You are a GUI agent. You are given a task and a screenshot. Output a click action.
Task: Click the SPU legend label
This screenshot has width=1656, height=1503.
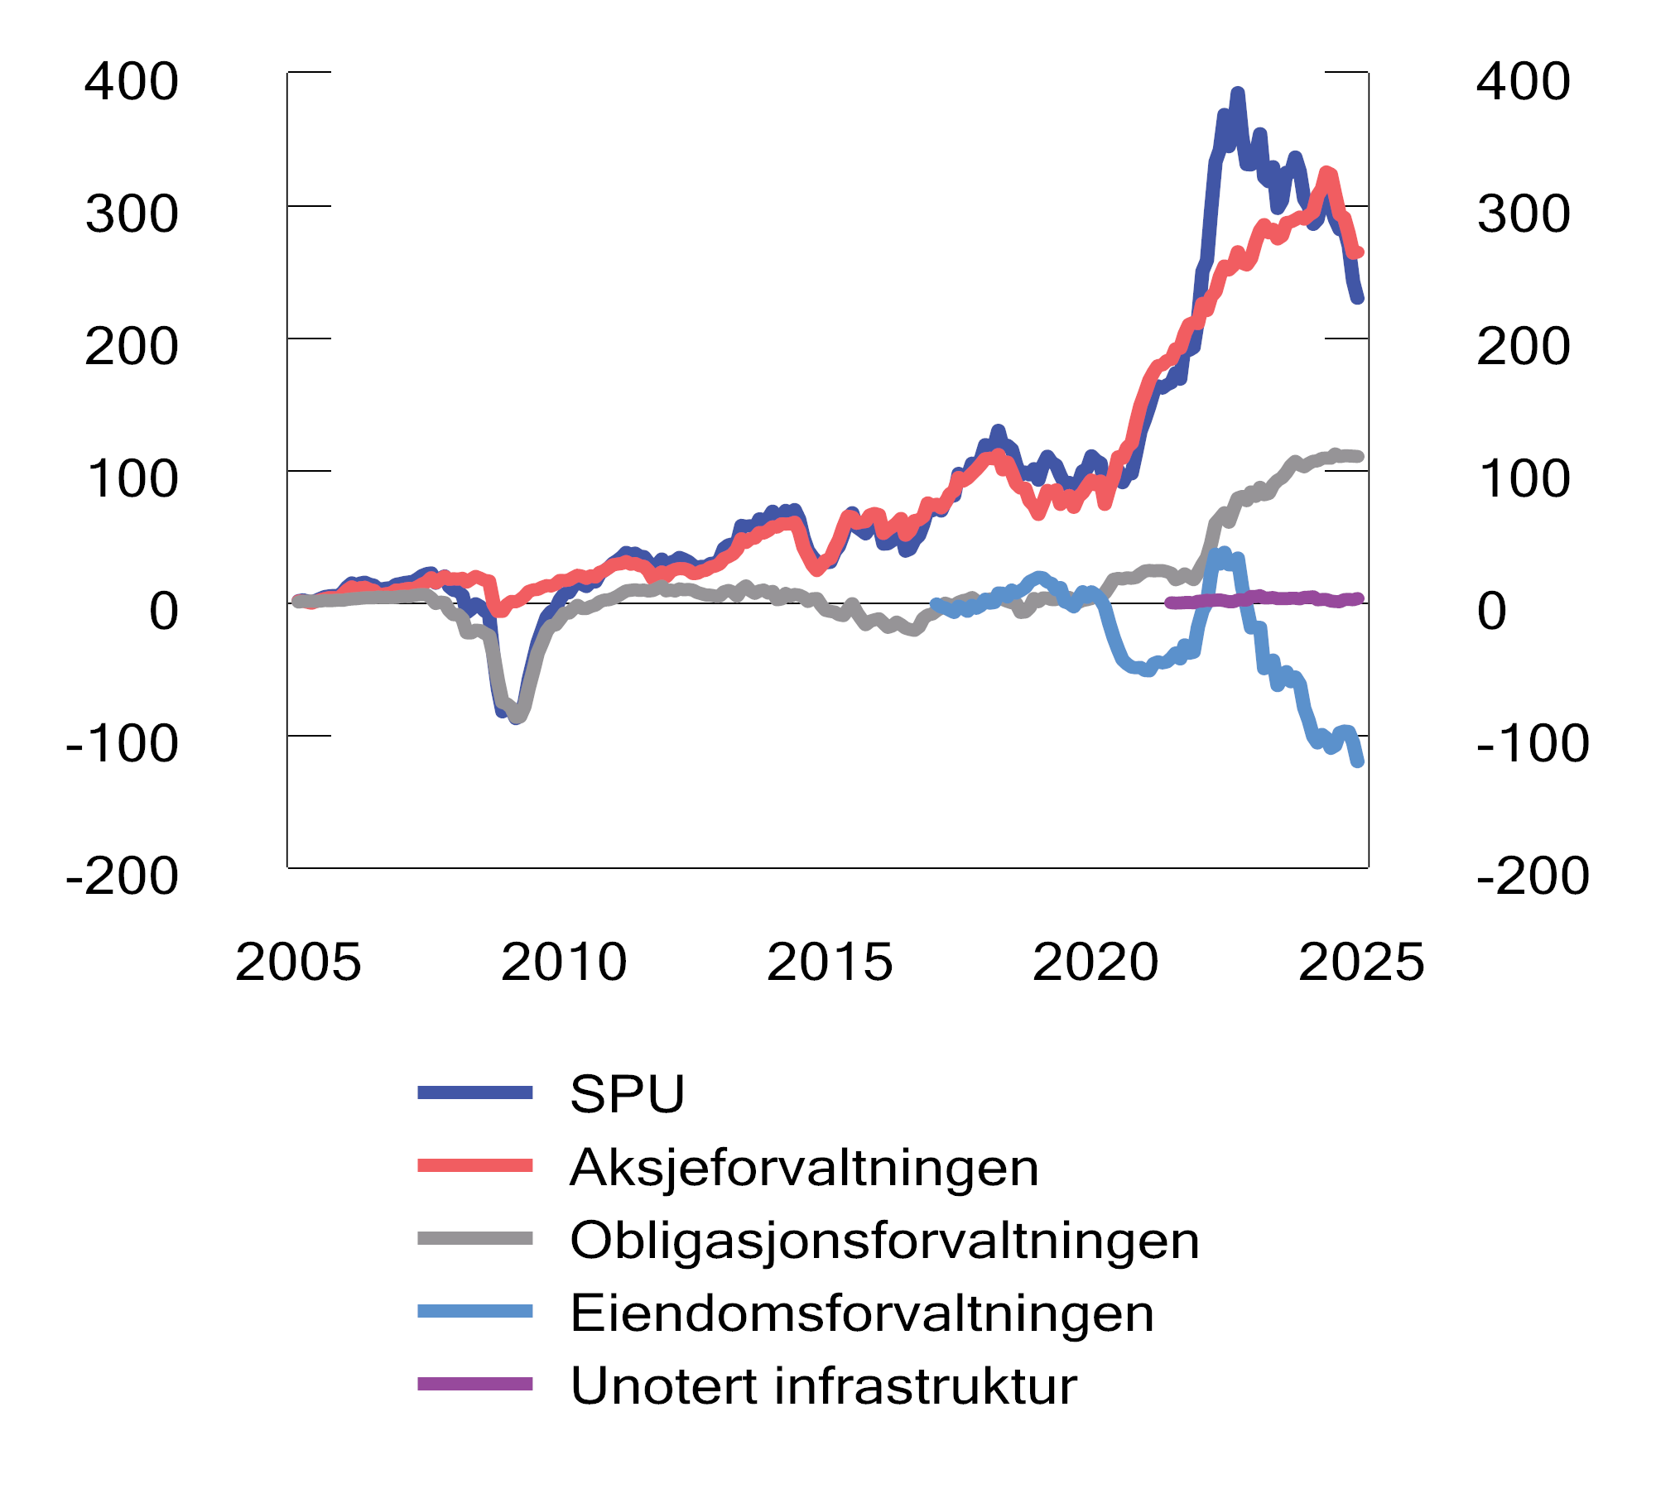(627, 1094)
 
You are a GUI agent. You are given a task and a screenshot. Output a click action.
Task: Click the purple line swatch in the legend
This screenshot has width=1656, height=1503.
(474, 1384)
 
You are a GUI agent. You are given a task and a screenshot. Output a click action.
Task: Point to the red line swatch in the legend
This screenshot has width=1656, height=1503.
(474, 1165)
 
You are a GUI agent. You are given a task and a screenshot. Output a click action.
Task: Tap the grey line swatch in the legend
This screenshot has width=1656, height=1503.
(474, 1238)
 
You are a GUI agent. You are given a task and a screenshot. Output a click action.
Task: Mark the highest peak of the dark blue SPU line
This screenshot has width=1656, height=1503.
(1237, 93)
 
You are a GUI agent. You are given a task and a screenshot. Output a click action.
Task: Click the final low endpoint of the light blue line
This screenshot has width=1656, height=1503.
(1358, 761)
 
